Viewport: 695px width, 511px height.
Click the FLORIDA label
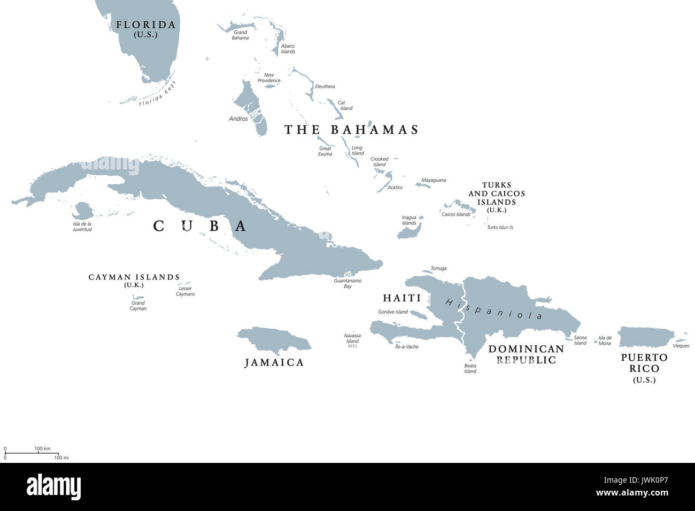pos(145,25)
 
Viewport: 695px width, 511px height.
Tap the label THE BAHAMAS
pos(351,130)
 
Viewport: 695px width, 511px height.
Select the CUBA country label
pos(200,226)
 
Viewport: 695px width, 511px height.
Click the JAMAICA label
pos(274,362)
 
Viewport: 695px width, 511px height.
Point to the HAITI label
pos(401,298)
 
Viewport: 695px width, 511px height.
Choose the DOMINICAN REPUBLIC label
pos(526,354)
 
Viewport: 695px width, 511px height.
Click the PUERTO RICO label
pos(644,363)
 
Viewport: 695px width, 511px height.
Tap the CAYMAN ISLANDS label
pos(134,277)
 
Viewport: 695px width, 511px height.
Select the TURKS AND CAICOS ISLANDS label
pos(497,193)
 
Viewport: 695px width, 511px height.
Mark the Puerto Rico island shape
pos(644,337)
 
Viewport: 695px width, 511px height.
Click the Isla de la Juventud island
pos(83,210)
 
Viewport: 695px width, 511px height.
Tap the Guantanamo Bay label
pos(347,283)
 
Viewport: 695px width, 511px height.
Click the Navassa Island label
pos(352,338)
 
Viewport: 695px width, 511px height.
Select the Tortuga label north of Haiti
pos(438,268)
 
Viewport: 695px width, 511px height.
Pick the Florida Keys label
pos(157,94)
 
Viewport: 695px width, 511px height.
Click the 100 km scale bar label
pos(42,448)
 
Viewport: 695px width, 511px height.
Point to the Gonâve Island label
pos(393,312)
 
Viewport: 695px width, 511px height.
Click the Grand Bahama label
pos(240,35)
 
